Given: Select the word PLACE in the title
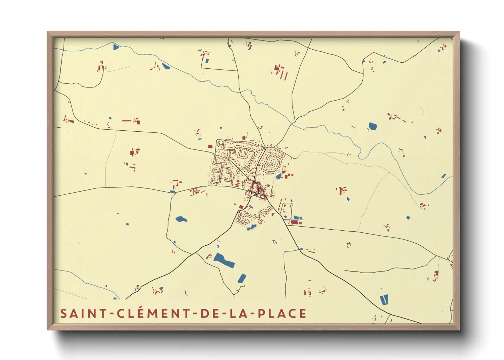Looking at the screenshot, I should pos(282,313).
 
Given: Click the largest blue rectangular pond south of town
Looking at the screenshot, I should pos(224,260).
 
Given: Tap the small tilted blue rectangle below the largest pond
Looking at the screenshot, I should pos(242,278).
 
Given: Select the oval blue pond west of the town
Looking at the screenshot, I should pos(181,219).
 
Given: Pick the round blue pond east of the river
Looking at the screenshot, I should pos(373,127).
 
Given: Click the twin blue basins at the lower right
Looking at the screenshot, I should pos(384,300).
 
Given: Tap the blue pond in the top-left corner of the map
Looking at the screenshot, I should pos(116,47).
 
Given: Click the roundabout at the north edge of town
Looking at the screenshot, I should pos(265,148).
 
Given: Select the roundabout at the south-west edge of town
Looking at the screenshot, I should pos(238,212).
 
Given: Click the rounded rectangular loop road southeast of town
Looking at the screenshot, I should pos(286,211).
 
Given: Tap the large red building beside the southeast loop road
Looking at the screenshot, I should pos(294,222).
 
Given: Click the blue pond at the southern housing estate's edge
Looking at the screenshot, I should pos(252,227).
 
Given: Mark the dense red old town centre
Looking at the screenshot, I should pos(257,190).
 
